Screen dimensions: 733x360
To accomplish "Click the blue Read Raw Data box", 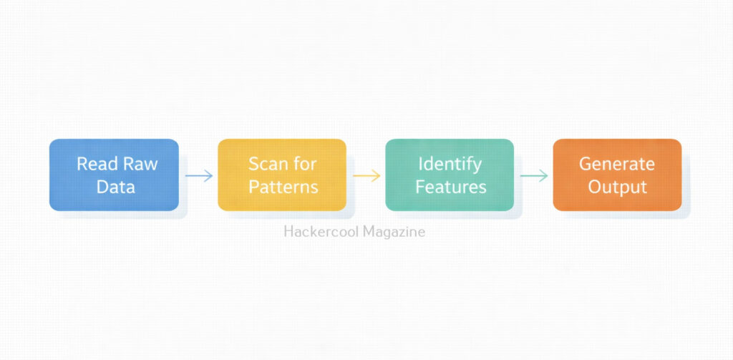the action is point(114,175).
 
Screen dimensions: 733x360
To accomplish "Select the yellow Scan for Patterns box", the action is point(282,175).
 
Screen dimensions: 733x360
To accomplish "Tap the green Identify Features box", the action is point(450,175).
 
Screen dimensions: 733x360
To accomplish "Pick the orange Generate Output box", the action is point(617,175).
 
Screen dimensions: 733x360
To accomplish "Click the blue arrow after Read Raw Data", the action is point(199,176).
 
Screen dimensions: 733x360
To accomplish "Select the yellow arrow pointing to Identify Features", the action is point(366,176).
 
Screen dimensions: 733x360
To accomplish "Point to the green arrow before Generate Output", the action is point(534,176).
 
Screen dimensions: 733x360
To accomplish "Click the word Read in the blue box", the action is point(92,164).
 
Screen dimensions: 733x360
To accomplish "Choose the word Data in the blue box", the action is point(115,188).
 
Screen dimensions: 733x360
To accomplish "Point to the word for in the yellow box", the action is point(304,164).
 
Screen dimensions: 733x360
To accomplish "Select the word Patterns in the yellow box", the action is point(283,188).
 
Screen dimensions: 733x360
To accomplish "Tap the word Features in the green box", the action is point(451,188).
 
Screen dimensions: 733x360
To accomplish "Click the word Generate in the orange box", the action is point(617,164).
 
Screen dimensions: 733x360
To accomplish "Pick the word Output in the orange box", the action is point(618,188).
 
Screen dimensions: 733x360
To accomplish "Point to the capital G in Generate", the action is point(586,164).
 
